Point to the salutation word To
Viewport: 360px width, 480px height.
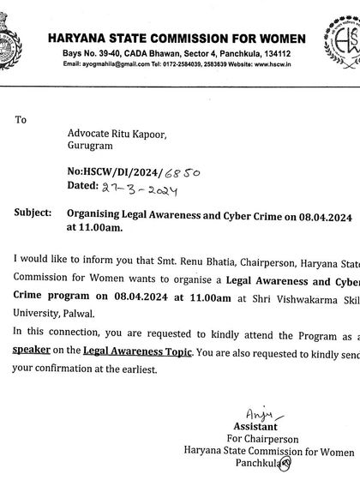click(21, 120)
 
